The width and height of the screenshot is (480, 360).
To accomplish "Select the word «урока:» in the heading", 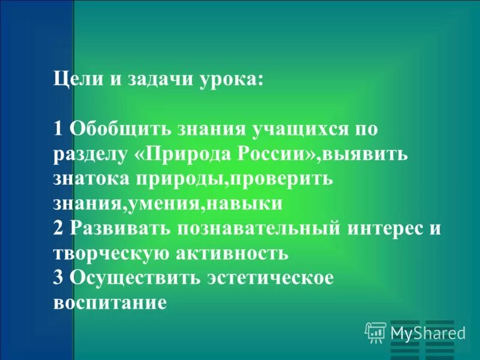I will [232, 79].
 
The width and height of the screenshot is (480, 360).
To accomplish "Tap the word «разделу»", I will [91, 154].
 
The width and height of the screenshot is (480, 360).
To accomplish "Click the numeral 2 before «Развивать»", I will [58, 227].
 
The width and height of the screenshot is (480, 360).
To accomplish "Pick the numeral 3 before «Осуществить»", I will [58, 278].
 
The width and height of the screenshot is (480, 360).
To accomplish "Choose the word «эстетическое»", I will [269, 278].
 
